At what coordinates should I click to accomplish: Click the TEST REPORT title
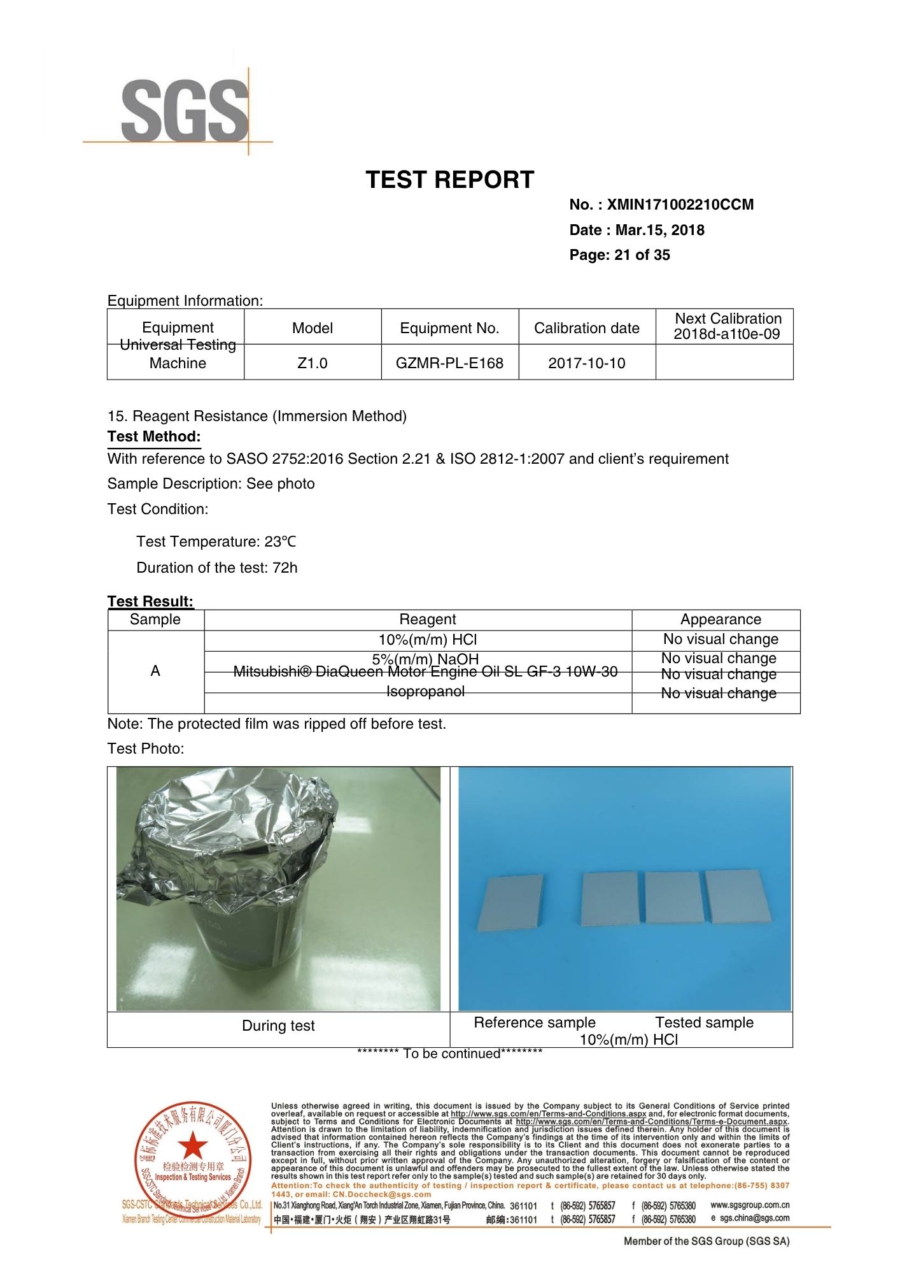pyautogui.click(x=449, y=180)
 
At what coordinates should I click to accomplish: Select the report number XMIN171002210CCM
pyautogui.click(x=680, y=205)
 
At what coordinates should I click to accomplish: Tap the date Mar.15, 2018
pyautogui.click(x=659, y=231)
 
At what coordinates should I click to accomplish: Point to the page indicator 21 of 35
pyautogui.click(x=642, y=255)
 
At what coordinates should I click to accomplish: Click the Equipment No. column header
pyautogui.click(x=449, y=329)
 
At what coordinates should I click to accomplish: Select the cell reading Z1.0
pyautogui.click(x=313, y=363)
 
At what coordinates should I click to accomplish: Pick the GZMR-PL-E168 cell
pyautogui.click(x=449, y=363)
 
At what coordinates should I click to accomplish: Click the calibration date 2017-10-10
pyautogui.click(x=586, y=363)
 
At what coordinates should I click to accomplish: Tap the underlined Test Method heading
pyautogui.click(x=154, y=437)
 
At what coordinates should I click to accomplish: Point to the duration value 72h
pyautogui.click(x=285, y=568)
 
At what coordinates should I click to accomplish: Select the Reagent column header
pyautogui.click(x=427, y=620)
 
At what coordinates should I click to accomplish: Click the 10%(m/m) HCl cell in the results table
pyautogui.click(x=427, y=640)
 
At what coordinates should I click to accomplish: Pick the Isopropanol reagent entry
pyautogui.click(x=425, y=692)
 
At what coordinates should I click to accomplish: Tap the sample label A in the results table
pyautogui.click(x=155, y=671)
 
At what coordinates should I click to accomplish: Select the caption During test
pyautogui.click(x=278, y=1026)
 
